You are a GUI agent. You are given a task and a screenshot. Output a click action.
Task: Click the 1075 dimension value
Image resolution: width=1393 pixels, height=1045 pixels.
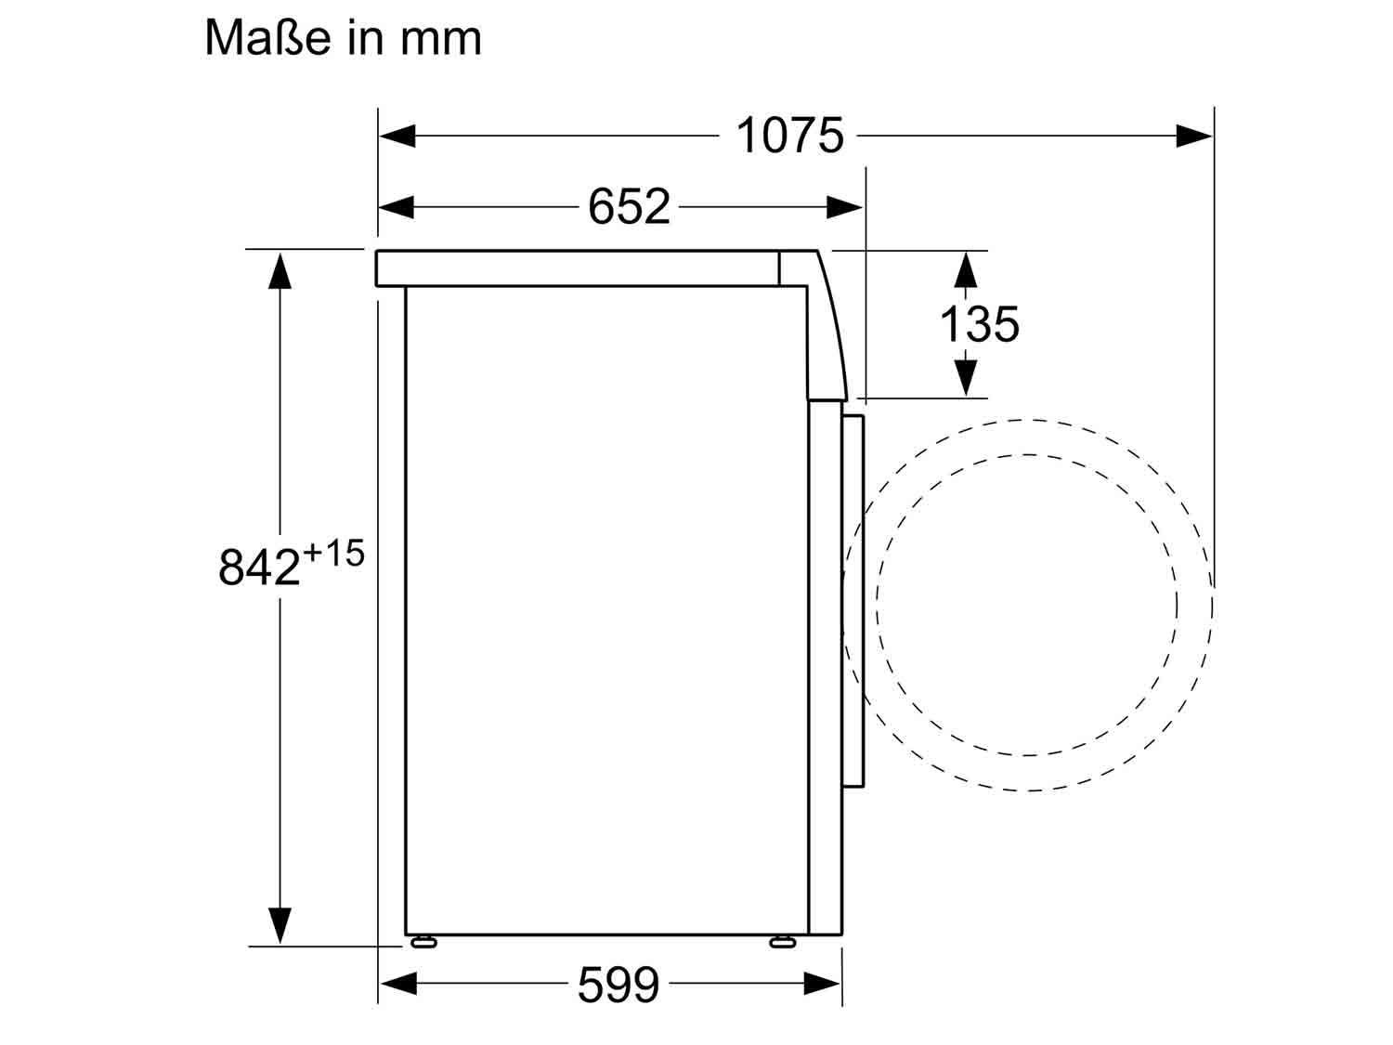(789, 135)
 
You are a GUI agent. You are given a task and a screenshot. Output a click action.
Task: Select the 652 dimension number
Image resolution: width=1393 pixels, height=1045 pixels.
(629, 207)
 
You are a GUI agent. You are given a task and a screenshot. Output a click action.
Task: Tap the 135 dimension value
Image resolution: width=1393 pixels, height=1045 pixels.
(979, 324)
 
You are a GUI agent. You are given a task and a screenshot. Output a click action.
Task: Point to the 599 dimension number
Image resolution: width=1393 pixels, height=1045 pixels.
(618, 984)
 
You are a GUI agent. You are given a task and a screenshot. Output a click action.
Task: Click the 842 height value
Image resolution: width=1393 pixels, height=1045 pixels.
(259, 567)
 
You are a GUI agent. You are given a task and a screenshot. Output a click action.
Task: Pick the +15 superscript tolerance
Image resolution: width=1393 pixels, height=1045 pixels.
(333, 553)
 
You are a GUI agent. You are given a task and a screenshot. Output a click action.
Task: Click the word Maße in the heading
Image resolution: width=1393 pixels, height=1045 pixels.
(267, 37)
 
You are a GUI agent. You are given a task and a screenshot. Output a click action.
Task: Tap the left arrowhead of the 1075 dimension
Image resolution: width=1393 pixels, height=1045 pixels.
(397, 136)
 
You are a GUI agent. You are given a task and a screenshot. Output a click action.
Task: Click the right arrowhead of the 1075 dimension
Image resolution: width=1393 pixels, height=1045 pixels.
(1193, 136)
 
